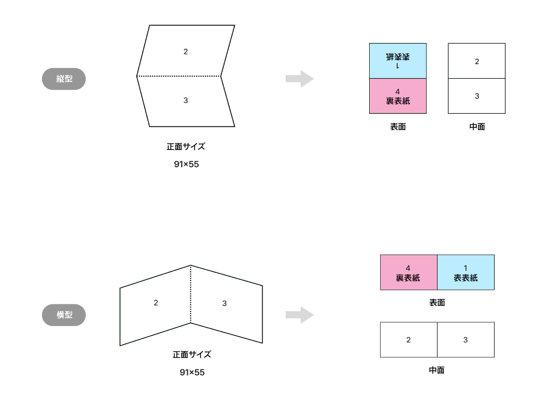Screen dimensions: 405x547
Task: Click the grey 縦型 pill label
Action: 64,79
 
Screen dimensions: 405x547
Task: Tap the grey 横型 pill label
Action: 64,315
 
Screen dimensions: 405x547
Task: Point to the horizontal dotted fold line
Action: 179,76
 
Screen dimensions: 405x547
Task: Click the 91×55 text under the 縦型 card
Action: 186,164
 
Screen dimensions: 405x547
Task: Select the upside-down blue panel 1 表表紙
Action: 398,61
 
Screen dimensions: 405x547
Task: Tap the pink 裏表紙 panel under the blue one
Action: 398,96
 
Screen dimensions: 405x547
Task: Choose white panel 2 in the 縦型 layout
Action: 477,61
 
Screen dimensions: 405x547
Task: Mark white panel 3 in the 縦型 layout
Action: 477,96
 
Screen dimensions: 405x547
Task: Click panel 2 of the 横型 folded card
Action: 156,304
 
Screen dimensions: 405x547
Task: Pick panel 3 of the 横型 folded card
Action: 225,304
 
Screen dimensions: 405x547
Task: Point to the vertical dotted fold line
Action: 191,294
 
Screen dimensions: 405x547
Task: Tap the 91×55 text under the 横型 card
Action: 192,373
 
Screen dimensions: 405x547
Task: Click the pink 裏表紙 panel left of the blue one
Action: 408,272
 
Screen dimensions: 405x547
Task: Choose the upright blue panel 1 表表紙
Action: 466,272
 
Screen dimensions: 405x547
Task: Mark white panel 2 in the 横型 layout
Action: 408,340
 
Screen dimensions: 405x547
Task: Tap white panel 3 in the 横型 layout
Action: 466,340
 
